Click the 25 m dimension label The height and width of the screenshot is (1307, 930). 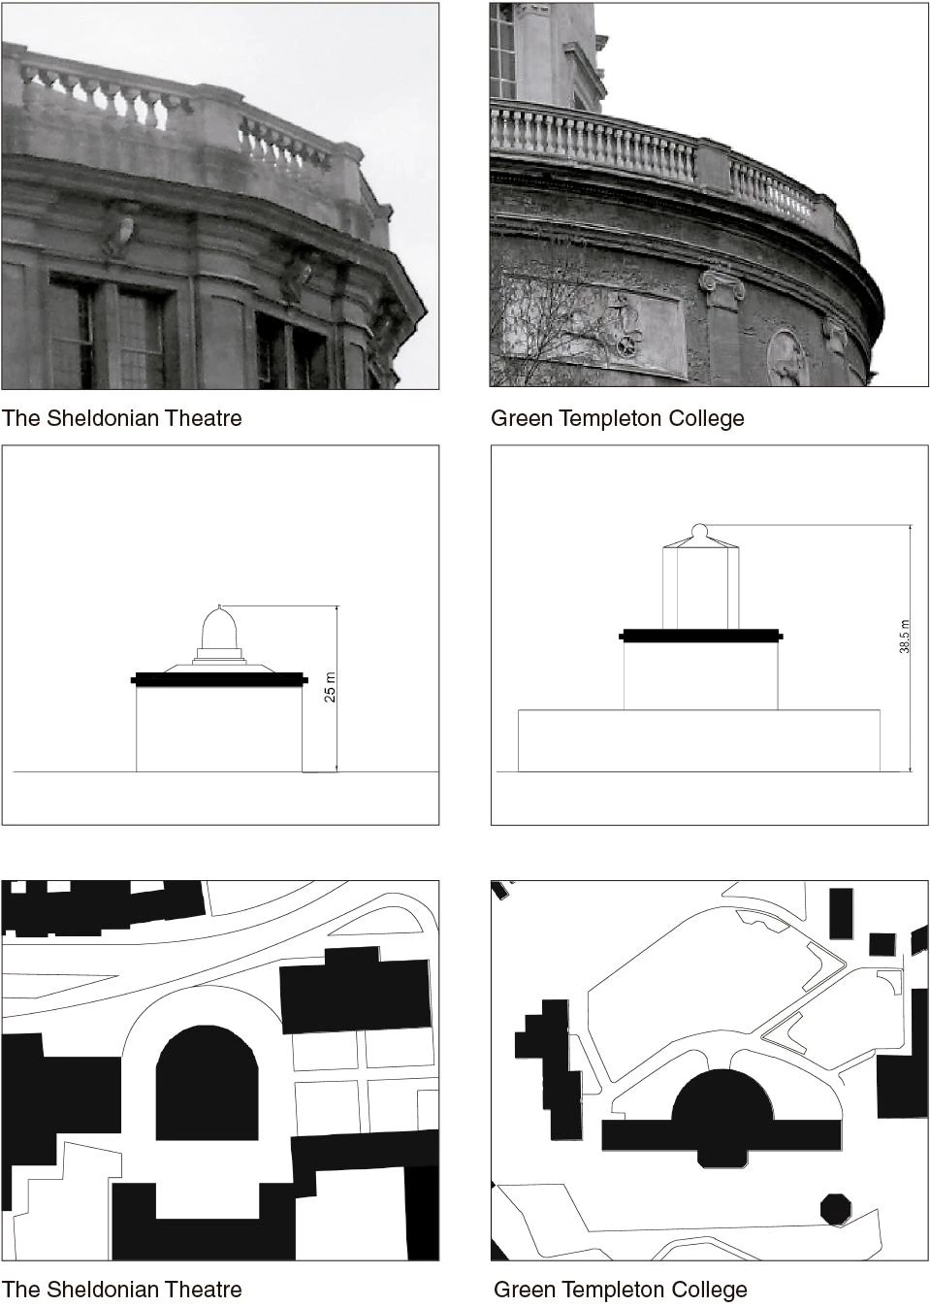click(330, 687)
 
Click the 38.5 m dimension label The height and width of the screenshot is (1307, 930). click(904, 636)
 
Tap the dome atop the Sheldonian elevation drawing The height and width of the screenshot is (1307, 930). click(219, 627)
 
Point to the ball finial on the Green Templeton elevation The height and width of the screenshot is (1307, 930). click(699, 532)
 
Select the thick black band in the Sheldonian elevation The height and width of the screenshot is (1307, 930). click(219, 679)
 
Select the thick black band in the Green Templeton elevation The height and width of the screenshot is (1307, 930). click(700, 636)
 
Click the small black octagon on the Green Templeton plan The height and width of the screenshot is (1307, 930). click(836, 1208)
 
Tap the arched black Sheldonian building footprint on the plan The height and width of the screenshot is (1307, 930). click(207, 1083)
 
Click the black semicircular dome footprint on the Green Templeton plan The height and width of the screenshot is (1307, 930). click(722, 1095)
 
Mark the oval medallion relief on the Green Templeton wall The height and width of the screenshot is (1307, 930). click(787, 358)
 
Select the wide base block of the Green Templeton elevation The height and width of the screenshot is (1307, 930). click(699, 740)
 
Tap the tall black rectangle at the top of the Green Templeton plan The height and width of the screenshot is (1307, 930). click(841, 914)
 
